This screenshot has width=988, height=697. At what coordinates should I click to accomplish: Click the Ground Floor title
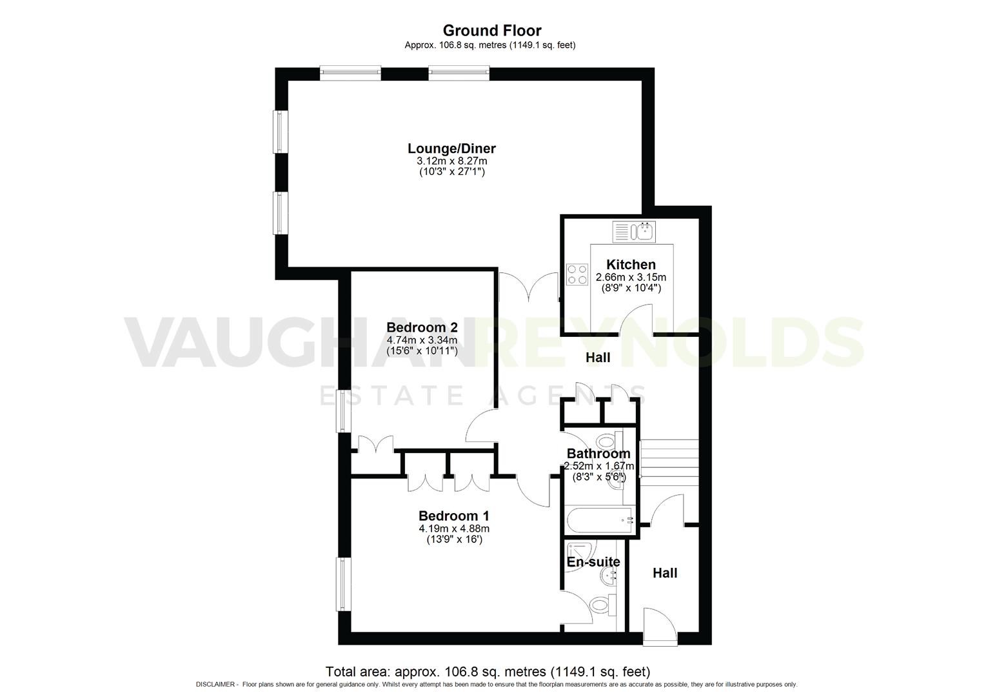pyautogui.click(x=491, y=30)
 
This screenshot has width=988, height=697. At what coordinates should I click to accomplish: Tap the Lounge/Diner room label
pyautogui.click(x=451, y=148)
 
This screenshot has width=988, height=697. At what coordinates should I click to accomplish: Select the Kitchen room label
pyautogui.click(x=631, y=265)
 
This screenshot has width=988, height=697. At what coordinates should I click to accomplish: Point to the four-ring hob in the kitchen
pyautogui.click(x=577, y=274)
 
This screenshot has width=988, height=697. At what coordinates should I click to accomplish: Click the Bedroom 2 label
pyautogui.click(x=422, y=327)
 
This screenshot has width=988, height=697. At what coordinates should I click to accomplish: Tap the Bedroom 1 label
pyautogui.click(x=453, y=516)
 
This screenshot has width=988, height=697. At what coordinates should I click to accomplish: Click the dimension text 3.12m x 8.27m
pyautogui.click(x=451, y=161)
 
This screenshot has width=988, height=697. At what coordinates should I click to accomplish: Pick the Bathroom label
pyautogui.click(x=598, y=453)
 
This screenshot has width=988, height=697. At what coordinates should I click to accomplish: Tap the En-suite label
pyautogui.click(x=593, y=561)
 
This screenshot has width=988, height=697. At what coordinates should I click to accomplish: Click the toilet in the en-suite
pyautogui.click(x=601, y=605)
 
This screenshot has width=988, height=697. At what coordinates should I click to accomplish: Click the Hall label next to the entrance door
pyautogui.click(x=664, y=572)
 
